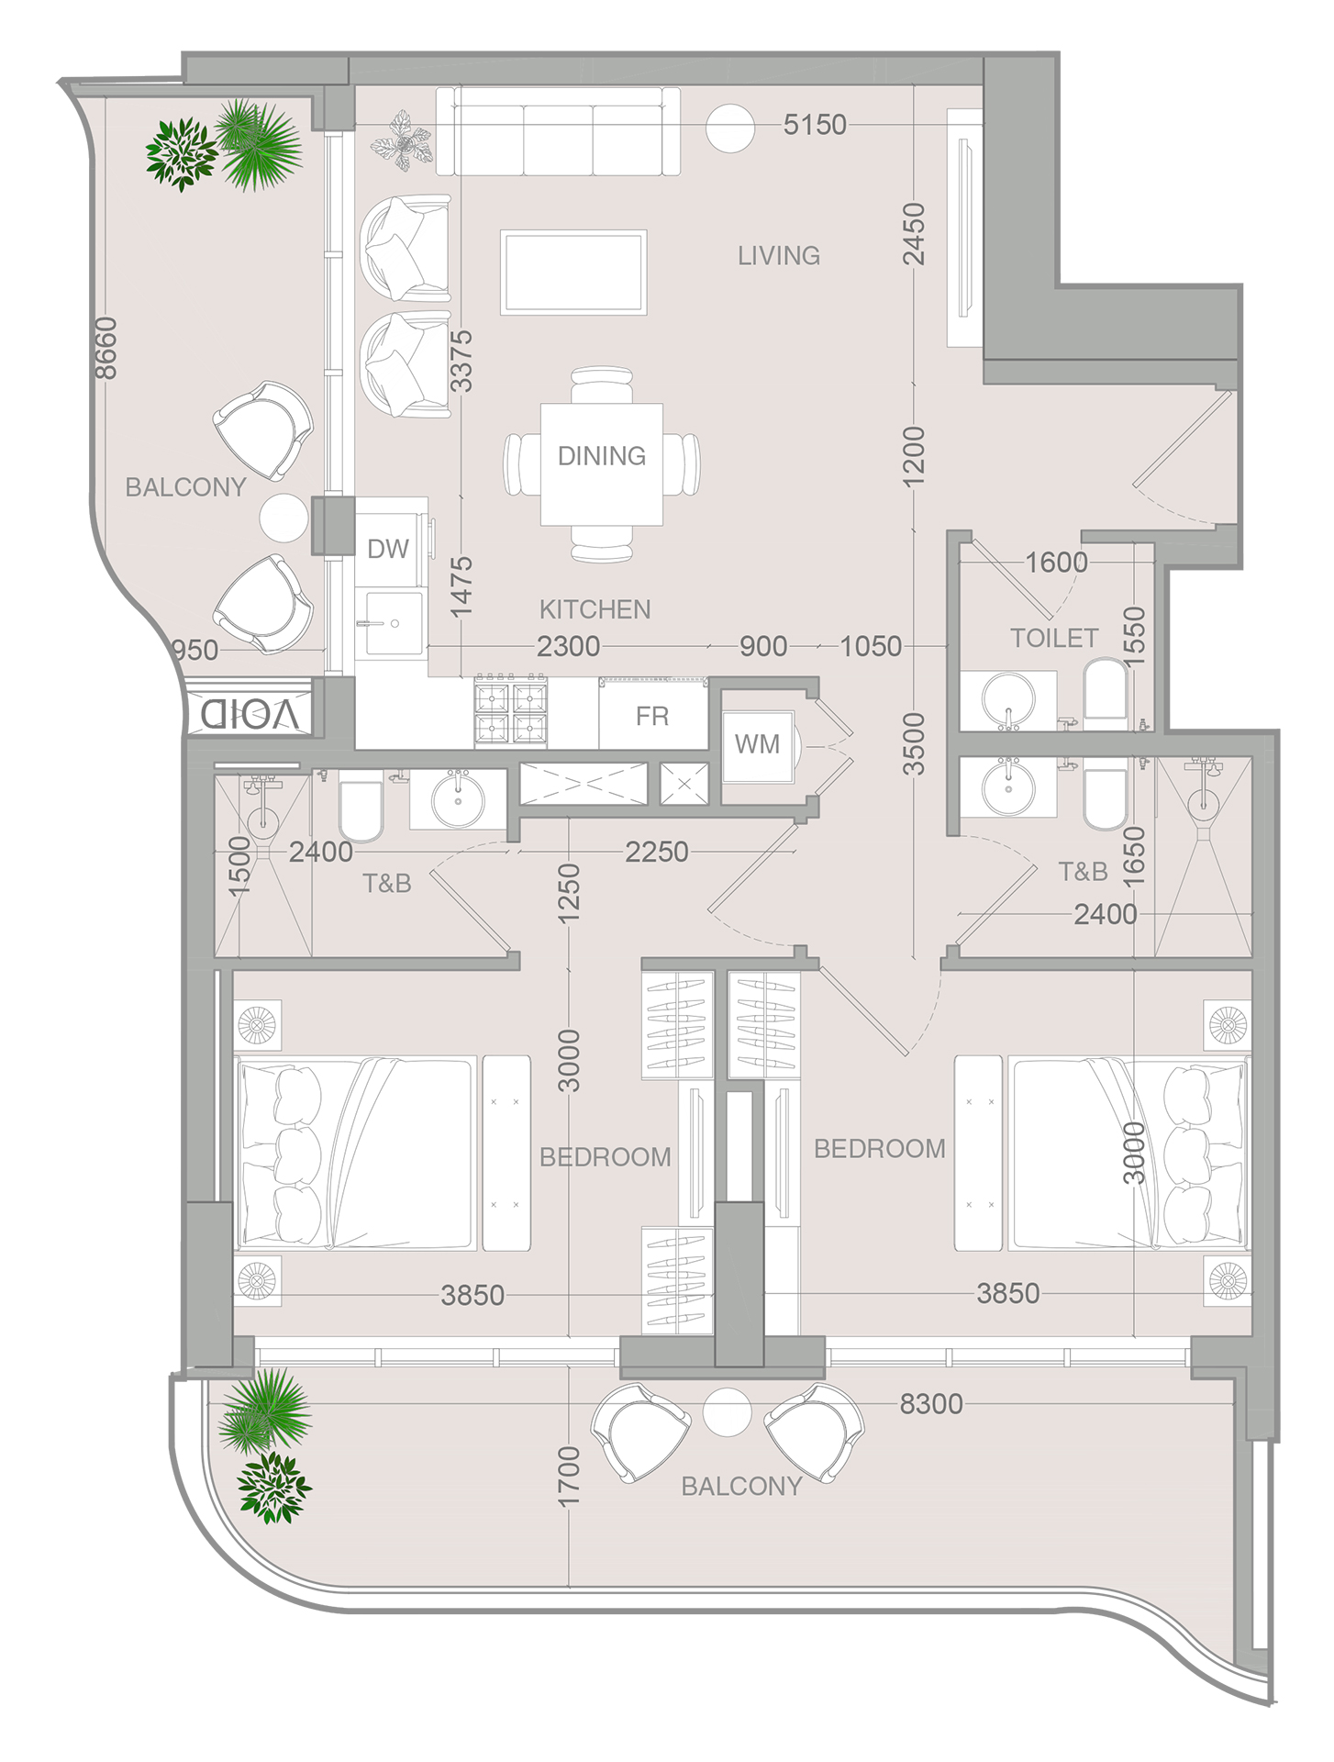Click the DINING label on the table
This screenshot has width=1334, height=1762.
point(601,456)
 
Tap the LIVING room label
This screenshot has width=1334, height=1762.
point(779,256)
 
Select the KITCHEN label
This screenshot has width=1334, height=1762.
point(595,609)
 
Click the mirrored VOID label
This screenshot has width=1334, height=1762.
point(250,714)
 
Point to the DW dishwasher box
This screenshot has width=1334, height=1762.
point(388,549)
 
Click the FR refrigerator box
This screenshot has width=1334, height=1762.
point(652,716)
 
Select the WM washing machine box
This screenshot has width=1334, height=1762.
point(757,744)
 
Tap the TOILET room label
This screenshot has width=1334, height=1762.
point(1054,638)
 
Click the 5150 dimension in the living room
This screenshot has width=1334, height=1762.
point(814,125)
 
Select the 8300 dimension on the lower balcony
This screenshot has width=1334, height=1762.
point(930,1404)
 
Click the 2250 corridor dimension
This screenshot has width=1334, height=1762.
point(656,853)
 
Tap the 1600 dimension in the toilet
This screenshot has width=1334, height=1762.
point(1056,563)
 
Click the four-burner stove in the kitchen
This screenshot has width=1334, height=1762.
point(510,712)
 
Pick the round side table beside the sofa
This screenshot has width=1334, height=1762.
point(729,128)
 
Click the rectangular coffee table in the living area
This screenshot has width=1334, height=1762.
point(573,273)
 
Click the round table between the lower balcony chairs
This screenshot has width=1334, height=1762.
point(727,1413)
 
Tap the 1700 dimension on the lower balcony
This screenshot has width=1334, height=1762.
point(569,1477)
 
